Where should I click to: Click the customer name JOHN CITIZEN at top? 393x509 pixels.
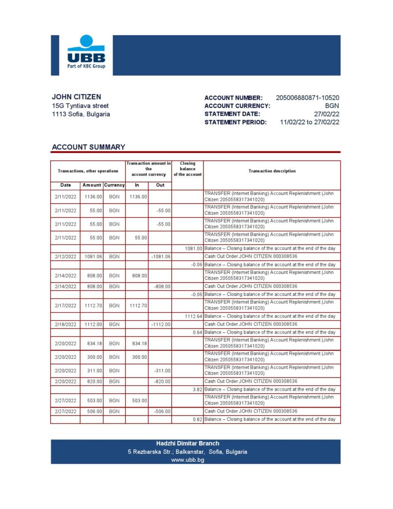76,97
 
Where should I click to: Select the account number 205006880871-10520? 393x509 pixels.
307,98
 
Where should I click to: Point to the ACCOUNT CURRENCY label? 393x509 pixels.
237,106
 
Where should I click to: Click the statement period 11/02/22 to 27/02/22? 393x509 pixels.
310,122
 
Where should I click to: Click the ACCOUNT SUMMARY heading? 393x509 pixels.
88,147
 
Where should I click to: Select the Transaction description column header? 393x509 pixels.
272,171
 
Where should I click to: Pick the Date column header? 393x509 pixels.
65,185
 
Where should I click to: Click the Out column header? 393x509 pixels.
160,185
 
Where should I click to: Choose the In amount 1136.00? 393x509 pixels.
138,197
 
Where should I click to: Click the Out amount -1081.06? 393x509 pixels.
160,256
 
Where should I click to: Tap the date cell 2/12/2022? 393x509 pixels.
66,256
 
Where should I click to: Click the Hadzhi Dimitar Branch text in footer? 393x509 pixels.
187,443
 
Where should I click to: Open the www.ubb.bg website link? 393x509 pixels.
187,460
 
